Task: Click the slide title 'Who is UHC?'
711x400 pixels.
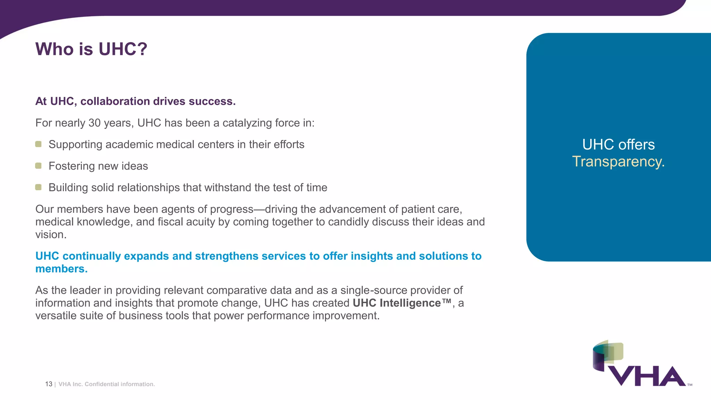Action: [91, 49]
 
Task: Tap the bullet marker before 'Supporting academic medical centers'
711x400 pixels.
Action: [39, 144]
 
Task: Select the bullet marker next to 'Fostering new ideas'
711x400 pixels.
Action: [39, 166]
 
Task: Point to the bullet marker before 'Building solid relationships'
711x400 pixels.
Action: [39, 187]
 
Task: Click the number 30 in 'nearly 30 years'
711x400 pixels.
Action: [94, 123]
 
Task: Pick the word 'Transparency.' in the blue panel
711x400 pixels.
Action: [618, 161]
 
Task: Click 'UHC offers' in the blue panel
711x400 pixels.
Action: [618, 144]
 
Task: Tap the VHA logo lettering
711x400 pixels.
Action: [647, 376]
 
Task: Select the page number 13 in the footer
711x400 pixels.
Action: [49, 384]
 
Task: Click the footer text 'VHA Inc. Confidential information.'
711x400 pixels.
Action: [107, 384]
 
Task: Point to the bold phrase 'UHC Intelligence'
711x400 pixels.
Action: [402, 303]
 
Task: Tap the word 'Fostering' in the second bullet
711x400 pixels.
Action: [72, 166]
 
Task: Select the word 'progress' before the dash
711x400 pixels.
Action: [232, 209]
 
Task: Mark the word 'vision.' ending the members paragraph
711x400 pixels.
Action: [51, 234]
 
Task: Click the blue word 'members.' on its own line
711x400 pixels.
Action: [61, 269]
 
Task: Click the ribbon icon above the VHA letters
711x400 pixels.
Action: [608, 355]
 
